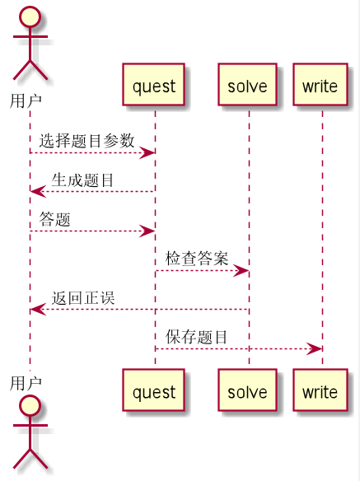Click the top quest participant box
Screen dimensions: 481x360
tap(154, 85)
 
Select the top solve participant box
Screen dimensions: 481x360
tap(247, 85)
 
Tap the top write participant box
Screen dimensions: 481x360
tap(320, 85)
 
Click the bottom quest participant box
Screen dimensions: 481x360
tap(154, 391)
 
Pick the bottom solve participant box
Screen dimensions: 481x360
tap(247, 391)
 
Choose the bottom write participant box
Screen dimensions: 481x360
tap(320, 391)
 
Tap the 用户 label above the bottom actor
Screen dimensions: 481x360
tap(26, 383)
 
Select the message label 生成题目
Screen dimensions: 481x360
tap(83, 180)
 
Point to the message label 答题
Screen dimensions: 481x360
tap(54, 219)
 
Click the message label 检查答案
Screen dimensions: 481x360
tap(197, 258)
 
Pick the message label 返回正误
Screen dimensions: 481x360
tap(83, 297)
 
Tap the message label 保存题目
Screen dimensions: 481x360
tap(197, 336)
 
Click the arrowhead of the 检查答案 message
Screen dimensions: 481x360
tap(242, 270)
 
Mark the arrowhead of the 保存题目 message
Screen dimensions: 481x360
tap(316, 348)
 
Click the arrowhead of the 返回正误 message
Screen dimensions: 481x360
tap(36, 310)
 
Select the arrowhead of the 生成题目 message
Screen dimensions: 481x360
tap(36, 192)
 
